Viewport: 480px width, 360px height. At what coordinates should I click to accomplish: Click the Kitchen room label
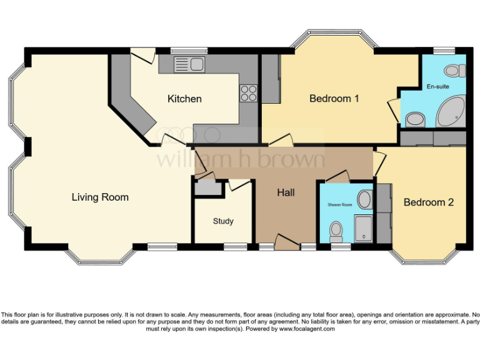point(184,99)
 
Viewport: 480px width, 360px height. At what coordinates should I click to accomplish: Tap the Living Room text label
point(100,197)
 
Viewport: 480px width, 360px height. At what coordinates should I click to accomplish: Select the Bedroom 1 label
point(334,99)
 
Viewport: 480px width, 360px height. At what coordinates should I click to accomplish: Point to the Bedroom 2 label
point(428,202)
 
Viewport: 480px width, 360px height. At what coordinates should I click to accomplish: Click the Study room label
point(223,221)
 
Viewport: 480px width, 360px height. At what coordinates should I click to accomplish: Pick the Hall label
point(286,192)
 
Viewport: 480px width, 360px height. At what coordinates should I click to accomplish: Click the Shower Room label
point(340,205)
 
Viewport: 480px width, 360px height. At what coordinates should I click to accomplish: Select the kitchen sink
point(190,63)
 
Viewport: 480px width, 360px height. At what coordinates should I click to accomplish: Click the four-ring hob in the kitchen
point(248,92)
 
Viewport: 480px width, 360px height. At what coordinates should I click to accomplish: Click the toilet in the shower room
point(336,231)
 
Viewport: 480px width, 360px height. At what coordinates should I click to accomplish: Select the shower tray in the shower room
point(363,229)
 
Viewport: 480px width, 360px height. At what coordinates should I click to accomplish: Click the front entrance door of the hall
point(287,244)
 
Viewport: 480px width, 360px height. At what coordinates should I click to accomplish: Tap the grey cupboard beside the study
point(204,187)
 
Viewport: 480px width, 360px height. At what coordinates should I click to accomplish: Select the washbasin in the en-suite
point(414,118)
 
